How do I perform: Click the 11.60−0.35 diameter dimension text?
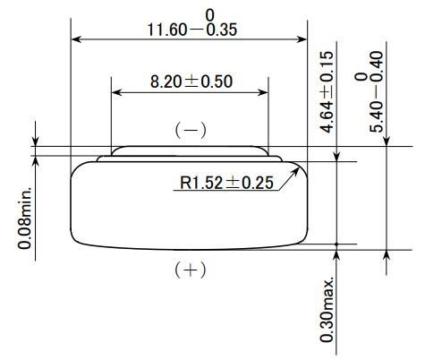pos(190,30)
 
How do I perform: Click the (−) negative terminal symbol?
pos(190,130)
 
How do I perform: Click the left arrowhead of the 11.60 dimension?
pos(75,39)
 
